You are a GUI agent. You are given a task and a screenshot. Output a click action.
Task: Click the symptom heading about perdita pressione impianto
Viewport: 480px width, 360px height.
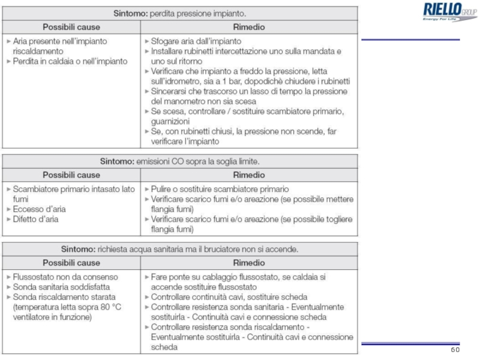(179, 12)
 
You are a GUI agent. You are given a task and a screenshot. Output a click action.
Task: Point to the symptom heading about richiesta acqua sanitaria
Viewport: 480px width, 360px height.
(179, 248)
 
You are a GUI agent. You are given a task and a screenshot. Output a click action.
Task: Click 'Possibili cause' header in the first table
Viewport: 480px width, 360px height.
(71, 27)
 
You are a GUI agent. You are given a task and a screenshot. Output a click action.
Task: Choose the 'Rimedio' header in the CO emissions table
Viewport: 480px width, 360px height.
(248, 175)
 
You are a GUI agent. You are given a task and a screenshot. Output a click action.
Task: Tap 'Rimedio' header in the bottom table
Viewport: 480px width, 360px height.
(248, 263)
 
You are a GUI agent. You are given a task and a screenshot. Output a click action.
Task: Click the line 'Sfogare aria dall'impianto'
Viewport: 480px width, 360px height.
(196, 41)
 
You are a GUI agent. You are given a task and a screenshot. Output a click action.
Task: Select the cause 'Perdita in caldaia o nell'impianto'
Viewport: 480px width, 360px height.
(70, 61)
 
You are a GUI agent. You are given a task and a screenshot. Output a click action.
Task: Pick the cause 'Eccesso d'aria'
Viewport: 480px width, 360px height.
(39, 209)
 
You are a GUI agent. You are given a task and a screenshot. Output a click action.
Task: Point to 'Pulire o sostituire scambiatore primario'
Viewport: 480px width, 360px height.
(220, 189)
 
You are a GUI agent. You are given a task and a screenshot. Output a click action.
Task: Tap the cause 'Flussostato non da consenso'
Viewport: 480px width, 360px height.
(65, 277)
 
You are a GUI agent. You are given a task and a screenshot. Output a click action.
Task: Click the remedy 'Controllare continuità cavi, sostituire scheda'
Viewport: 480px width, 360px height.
(229, 297)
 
